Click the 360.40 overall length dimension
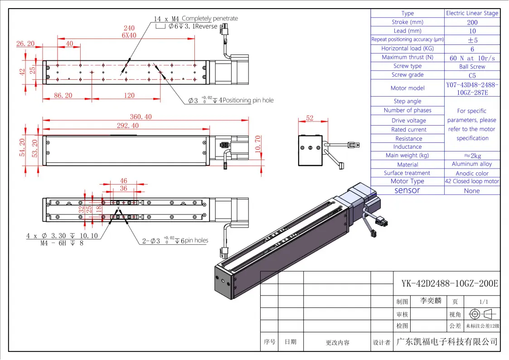(141, 117)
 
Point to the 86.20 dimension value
(63, 96)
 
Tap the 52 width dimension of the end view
(310, 118)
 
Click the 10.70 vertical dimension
(258, 144)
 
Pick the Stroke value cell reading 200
(472, 22)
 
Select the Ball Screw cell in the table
(472, 66)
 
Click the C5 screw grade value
(472, 75)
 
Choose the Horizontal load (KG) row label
(407, 49)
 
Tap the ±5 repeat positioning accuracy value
(472, 40)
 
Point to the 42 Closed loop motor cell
(472, 181)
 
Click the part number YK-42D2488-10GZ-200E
(450, 284)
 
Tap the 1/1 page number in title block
(483, 302)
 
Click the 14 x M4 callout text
(166, 19)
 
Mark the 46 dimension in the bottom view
(123, 181)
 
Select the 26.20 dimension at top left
(25, 44)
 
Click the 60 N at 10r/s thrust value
(472, 58)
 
